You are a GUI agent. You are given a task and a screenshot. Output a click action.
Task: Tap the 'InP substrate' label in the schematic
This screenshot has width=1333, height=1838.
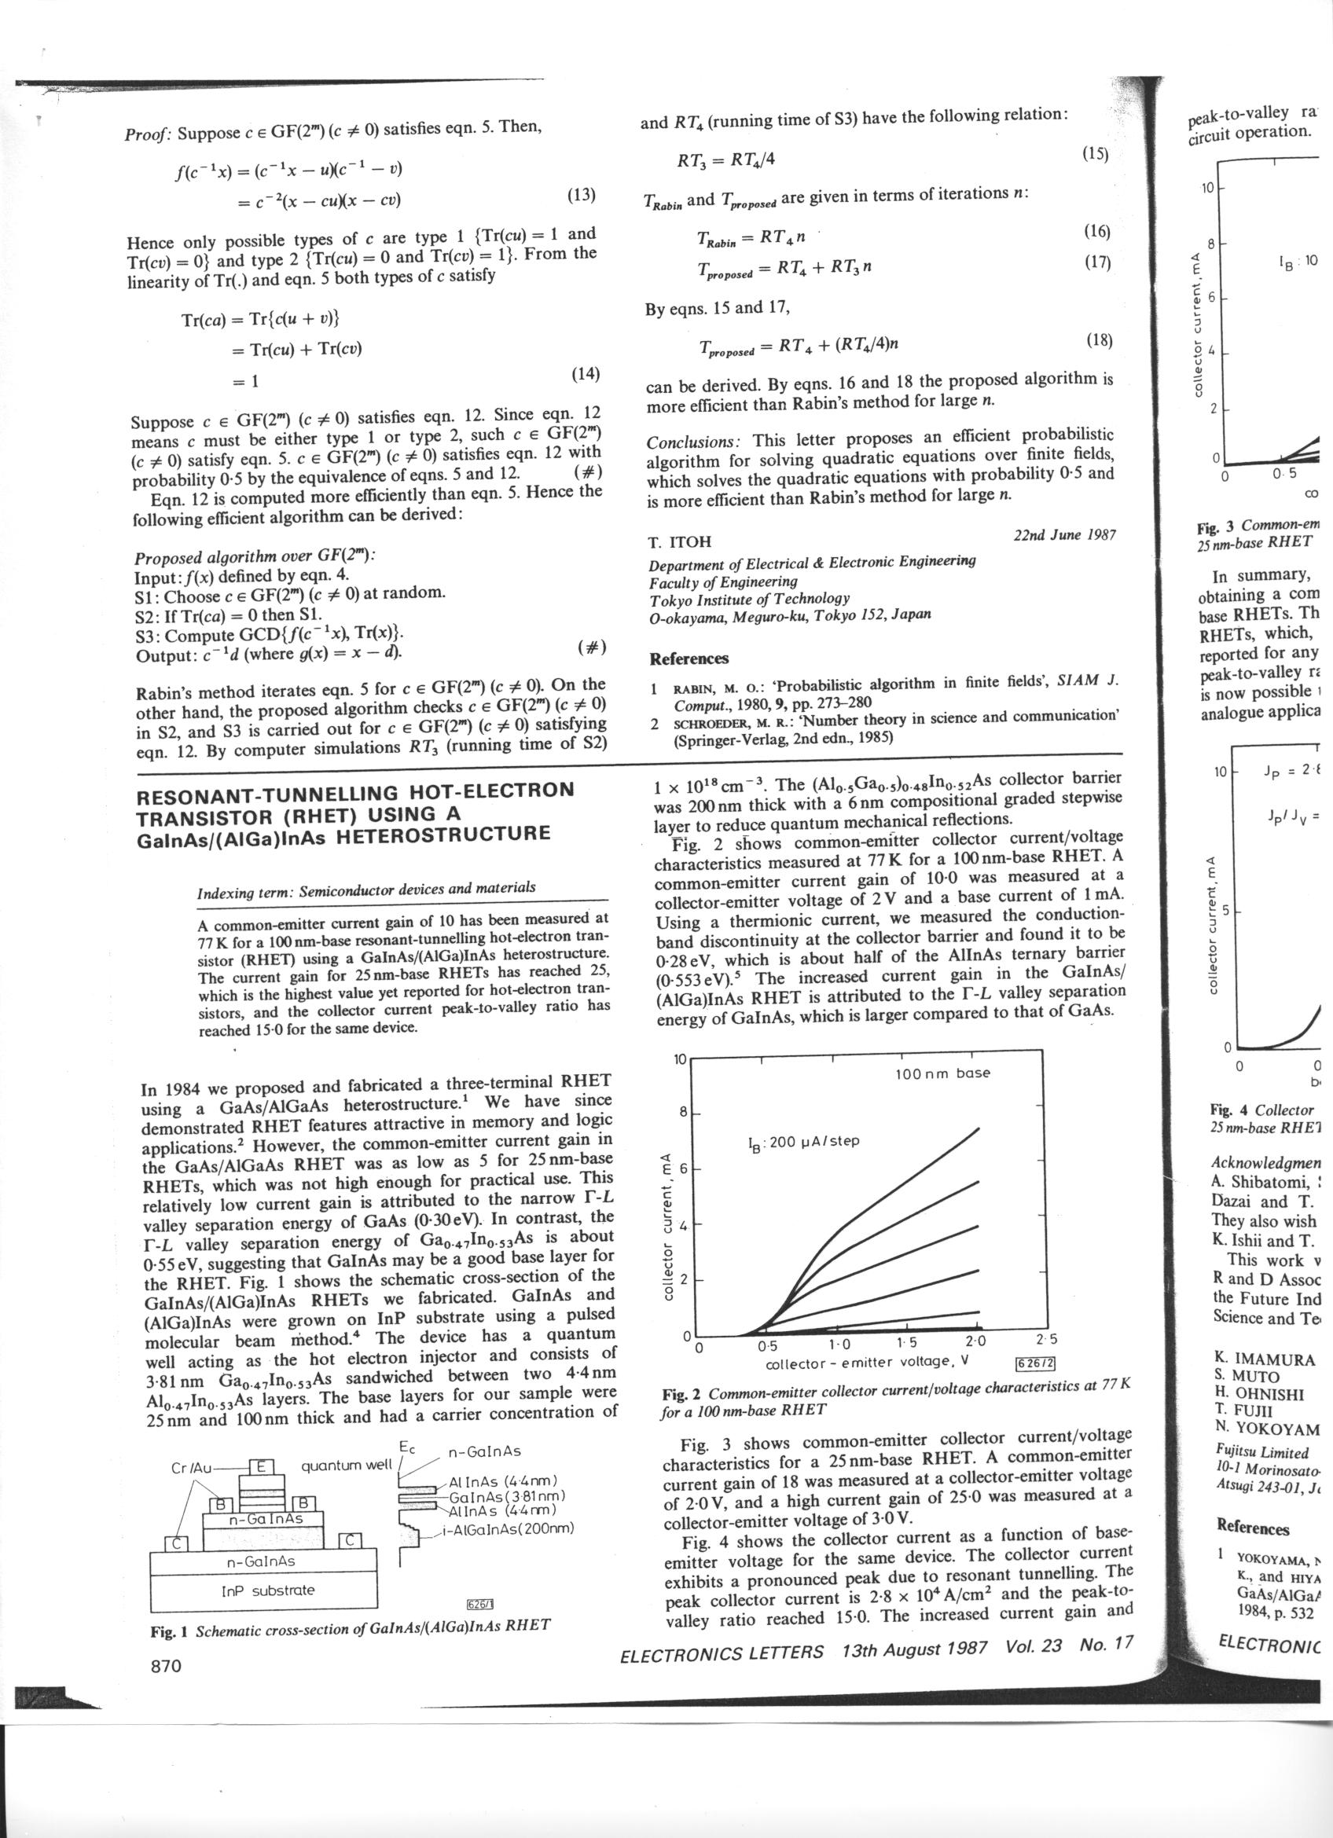pos(267,1590)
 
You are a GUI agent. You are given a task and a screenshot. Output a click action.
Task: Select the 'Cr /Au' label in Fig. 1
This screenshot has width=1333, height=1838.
pos(192,1468)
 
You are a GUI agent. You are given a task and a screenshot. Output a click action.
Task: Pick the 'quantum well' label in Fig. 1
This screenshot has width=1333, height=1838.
pos(346,1466)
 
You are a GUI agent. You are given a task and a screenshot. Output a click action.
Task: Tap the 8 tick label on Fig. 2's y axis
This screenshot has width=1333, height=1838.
pos(681,1112)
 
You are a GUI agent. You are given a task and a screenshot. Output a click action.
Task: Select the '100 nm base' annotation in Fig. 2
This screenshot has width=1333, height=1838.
pos(942,1073)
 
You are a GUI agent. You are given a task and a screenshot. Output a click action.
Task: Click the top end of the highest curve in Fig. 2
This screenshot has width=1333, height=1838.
pos(979,1129)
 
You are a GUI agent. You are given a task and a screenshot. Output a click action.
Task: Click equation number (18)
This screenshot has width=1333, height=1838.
pos(1098,340)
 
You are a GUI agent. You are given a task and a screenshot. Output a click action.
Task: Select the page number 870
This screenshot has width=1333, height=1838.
pos(166,1666)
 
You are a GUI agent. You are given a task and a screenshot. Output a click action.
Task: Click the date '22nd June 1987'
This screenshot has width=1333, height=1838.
pos(1064,535)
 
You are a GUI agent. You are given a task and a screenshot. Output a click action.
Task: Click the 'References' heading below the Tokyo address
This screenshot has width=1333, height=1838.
pos(689,658)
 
